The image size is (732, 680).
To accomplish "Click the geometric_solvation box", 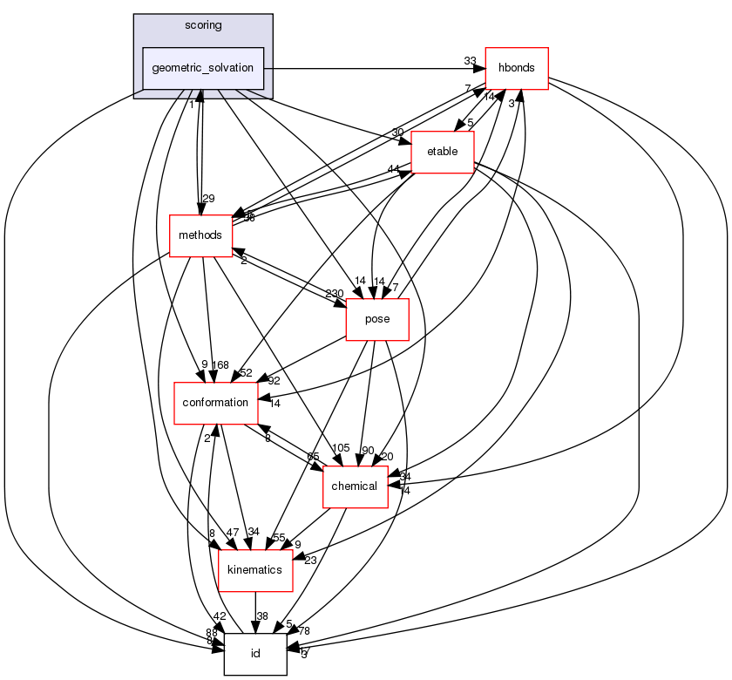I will coord(203,68).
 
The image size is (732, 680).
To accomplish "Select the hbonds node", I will coord(516,67).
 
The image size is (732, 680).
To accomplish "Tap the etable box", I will coord(442,153).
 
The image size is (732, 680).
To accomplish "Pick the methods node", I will coord(200,235).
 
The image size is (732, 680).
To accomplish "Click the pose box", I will coord(377,319).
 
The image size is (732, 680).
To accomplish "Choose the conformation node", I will coord(215,403).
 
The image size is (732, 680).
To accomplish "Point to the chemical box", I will coord(355,486).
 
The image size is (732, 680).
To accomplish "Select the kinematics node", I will coord(254,569).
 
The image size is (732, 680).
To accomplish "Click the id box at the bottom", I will coord(255,654).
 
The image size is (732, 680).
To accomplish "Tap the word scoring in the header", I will coord(203,25).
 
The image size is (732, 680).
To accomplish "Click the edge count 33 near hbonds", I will coord(471,60).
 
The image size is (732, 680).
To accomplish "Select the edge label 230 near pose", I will coord(334,293).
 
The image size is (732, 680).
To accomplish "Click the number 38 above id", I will coord(262,615).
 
